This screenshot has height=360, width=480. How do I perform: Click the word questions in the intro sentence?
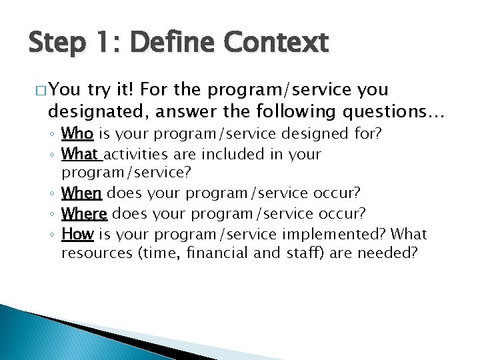coord(375,111)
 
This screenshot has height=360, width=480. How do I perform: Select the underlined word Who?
coord(77,134)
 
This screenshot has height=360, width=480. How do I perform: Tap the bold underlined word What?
coord(80,154)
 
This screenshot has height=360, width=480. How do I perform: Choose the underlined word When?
coord(81,193)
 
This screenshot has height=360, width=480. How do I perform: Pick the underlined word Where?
coord(84,213)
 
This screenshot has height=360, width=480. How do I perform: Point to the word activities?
coord(135,154)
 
